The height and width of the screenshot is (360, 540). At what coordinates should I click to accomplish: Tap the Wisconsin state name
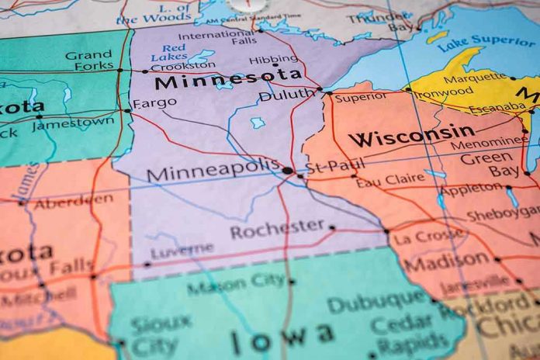(411, 135)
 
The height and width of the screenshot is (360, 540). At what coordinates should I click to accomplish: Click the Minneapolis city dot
(288, 170)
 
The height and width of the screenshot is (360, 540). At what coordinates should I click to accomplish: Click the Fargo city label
(154, 103)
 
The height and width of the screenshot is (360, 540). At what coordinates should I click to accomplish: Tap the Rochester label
(277, 228)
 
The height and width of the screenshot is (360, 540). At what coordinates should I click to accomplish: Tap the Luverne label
(182, 251)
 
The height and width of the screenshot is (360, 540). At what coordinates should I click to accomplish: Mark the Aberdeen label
(74, 201)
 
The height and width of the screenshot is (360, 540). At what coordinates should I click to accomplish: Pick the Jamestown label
(74, 123)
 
